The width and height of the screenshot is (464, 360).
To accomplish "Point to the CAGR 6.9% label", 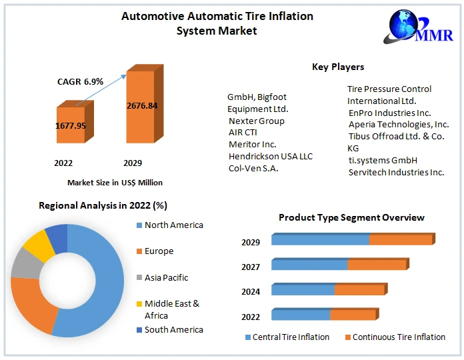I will point(80,81).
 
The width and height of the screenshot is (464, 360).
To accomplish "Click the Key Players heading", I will point(338,67).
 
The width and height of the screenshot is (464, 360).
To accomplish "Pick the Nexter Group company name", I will point(257,121).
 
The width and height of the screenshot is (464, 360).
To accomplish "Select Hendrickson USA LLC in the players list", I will point(271,156).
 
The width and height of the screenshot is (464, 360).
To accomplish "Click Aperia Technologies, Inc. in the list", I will point(399,124).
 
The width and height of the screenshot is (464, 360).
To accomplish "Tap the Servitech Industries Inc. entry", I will point(396,172).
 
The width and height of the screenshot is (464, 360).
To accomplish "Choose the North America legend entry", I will point(173,225).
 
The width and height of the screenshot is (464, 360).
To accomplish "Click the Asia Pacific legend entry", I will point(166,277).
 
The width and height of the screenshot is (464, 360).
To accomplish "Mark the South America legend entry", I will point(173,329).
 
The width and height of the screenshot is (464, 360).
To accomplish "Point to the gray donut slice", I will point(25,263).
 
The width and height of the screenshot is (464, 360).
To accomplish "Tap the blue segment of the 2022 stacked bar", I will point(301,315).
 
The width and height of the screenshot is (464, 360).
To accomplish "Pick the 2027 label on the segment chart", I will point(251,267).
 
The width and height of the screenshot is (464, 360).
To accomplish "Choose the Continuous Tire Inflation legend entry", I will point(399,337).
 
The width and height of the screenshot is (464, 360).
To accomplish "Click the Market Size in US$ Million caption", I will point(115,182).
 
